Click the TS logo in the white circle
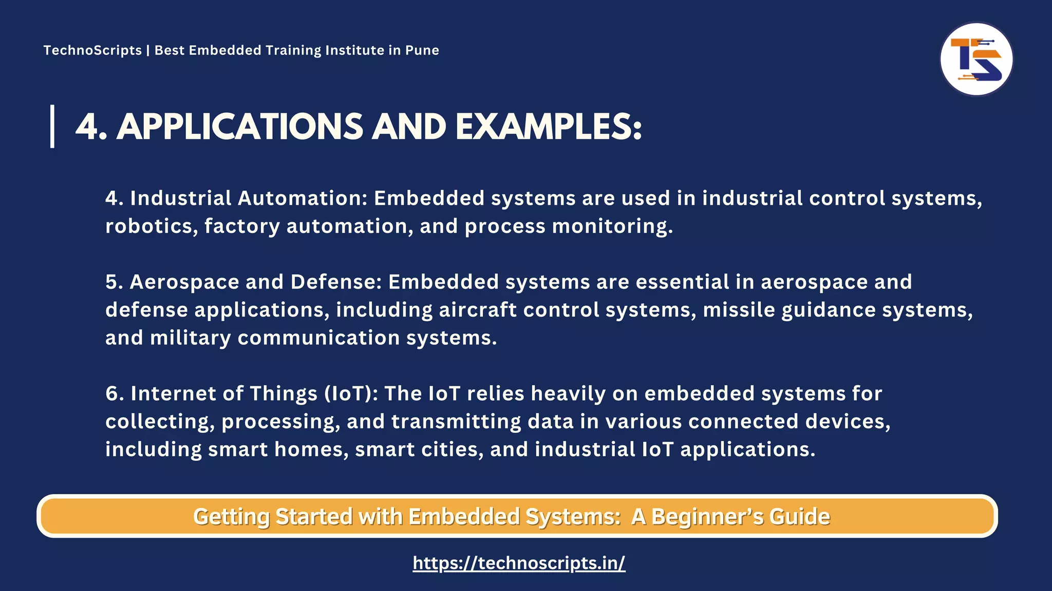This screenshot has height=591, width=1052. pos(976,60)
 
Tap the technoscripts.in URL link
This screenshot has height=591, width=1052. pos(519,563)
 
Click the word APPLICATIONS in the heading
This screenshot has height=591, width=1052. pos(240,127)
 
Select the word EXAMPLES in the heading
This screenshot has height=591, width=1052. pos(548,127)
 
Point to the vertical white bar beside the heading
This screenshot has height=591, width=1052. pos(52,126)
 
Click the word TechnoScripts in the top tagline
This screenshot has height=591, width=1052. pos(92,50)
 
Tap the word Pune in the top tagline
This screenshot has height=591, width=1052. pos(422,50)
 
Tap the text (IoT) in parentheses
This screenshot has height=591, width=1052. pos(351,393)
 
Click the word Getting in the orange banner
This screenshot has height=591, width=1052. pos(231,517)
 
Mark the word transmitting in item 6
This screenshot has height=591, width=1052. pos(482,422)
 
